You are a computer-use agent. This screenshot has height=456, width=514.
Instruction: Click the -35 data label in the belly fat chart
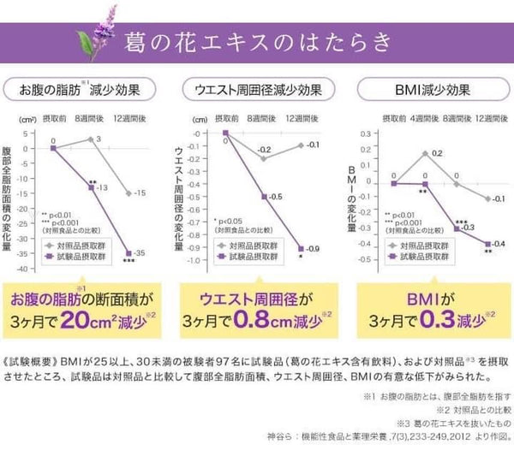coord(140,253)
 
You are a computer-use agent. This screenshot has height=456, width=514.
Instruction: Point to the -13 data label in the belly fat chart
coord(102,187)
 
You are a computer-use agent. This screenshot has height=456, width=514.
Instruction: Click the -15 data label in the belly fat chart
coord(139,192)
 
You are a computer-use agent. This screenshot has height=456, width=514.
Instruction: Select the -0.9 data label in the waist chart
coord(313,248)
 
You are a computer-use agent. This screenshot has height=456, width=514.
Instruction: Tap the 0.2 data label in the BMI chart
coord(437,153)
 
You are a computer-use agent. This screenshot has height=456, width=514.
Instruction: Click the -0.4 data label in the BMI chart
coord(499,245)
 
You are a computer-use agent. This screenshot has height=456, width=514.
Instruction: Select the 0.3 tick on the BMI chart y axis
coord(366,134)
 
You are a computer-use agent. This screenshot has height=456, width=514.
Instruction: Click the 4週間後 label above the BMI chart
coord(425,117)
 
